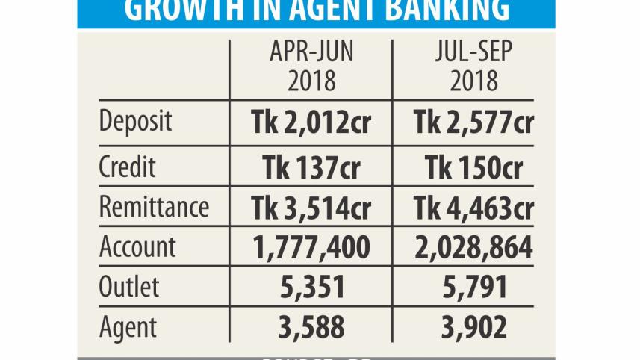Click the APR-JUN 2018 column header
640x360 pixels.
[311, 67]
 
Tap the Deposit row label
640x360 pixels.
[136, 122]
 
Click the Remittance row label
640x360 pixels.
[154, 206]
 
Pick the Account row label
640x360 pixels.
[137, 246]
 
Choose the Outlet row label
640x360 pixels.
[129, 288]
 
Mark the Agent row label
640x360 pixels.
[128, 327]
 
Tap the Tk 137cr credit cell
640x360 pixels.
[311, 167]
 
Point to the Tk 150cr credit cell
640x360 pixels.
[473, 167]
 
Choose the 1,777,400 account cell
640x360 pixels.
[311, 248]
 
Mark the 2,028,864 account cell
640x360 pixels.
[473, 248]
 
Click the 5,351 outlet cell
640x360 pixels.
[311, 288]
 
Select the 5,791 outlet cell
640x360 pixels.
[473, 288]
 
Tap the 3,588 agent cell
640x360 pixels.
[311, 328]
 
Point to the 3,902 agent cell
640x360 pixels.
[473, 328]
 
